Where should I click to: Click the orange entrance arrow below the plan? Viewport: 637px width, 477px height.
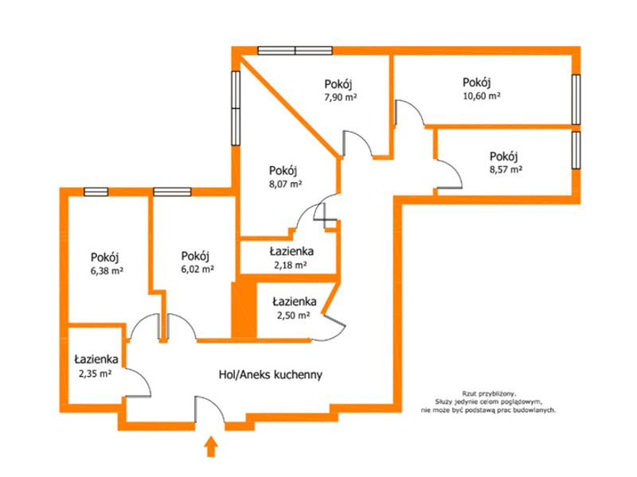(211, 446)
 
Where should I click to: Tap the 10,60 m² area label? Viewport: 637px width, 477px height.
(482, 96)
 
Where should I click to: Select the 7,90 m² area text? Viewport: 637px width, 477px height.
(341, 97)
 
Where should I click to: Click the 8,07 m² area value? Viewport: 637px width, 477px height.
(285, 184)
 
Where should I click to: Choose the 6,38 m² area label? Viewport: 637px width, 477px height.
(107, 271)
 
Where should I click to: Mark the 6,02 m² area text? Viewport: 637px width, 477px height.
(197, 269)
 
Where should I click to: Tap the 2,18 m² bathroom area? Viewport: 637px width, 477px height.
(290, 266)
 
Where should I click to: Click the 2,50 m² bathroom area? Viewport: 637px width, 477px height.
(294, 315)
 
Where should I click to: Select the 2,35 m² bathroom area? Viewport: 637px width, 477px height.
(96, 374)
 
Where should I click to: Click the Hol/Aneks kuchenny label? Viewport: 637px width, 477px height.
(271, 374)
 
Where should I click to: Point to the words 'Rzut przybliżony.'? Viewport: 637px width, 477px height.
(489, 394)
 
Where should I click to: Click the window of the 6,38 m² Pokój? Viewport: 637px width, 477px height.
(96, 192)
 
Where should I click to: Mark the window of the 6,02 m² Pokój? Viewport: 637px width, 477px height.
(172, 192)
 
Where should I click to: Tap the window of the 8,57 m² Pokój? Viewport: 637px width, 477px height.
(576, 150)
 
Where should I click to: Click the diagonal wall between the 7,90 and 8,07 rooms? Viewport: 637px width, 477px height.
(289, 107)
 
